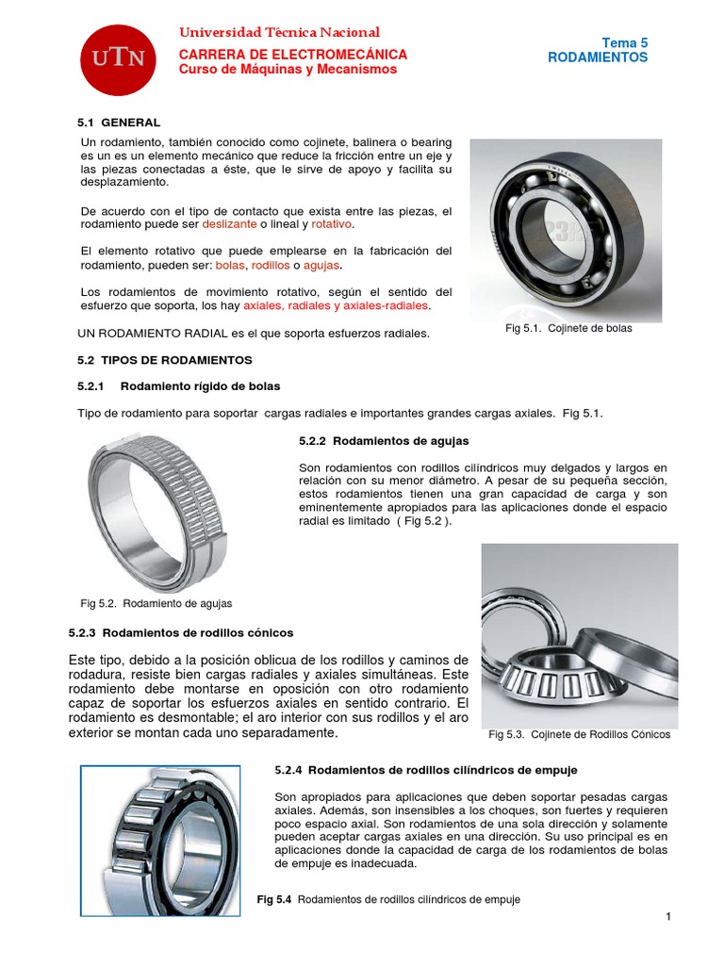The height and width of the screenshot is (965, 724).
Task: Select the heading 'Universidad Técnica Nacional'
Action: pyautogui.click(x=279, y=33)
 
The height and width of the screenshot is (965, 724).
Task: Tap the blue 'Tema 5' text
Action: pyautogui.click(x=625, y=42)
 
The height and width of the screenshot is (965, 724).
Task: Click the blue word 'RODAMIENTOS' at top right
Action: pyautogui.click(x=598, y=57)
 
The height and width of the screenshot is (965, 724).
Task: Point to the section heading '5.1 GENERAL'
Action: pyautogui.click(x=118, y=123)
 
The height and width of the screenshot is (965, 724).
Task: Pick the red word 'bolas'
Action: pyautogui.click(x=229, y=266)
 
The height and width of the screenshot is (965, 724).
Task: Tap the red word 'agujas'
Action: pyautogui.click(x=321, y=266)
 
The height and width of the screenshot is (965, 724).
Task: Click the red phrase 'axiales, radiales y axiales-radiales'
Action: pyautogui.click(x=336, y=306)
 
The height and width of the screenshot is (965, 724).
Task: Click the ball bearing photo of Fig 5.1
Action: pyautogui.click(x=566, y=226)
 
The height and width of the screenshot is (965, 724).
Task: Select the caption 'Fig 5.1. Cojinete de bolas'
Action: pyautogui.click(x=569, y=329)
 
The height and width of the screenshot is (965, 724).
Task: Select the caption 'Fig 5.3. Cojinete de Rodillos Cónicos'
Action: pyautogui.click(x=579, y=735)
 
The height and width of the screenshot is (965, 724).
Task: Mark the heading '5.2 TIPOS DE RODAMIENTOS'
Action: pyautogui.click(x=164, y=360)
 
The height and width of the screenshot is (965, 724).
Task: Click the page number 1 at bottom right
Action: pyautogui.click(x=666, y=919)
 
